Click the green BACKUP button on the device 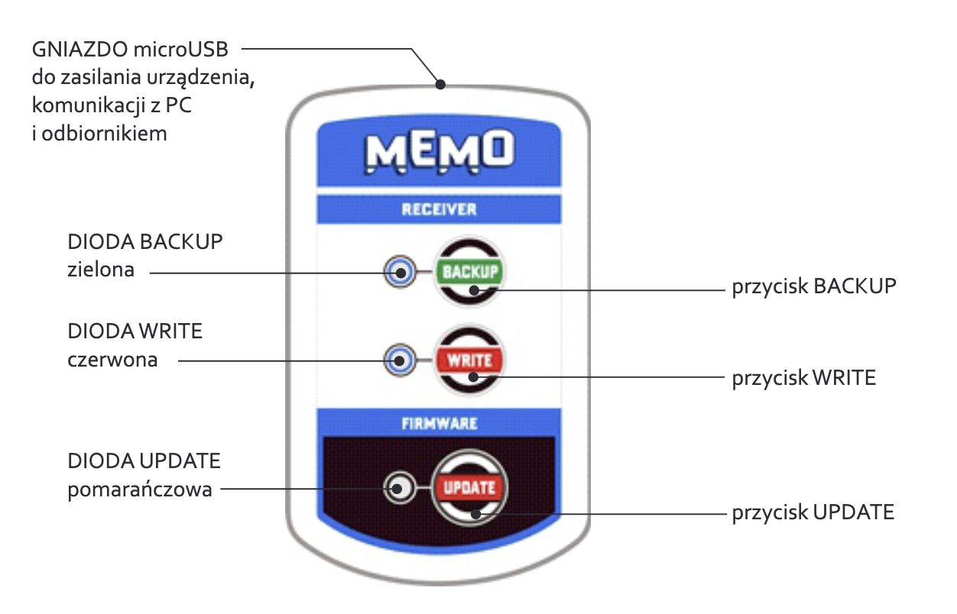[469, 271]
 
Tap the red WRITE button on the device [469, 360]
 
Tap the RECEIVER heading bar [439, 209]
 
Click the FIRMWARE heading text [439, 423]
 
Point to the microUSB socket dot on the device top [440, 84]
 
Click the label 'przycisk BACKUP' [814, 286]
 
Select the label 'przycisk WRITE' [803, 377]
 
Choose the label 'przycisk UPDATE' [813, 512]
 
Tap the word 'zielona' [101, 269]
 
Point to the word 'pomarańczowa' [140, 489]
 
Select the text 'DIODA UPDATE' [144, 461]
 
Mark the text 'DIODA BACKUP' [145, 242]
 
